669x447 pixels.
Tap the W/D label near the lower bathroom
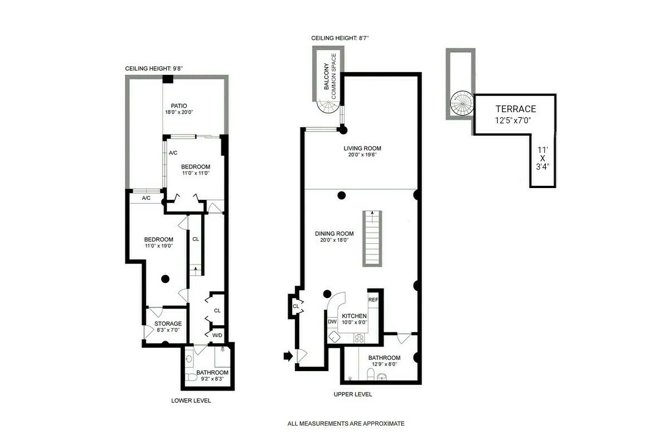click(217, 335)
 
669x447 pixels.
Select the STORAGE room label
click(168, 324)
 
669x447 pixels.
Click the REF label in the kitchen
click(373, 300)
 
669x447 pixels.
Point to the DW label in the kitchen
click(332, 321)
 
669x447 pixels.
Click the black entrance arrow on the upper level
click(288, 355)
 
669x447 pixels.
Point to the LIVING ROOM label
click(362, 148)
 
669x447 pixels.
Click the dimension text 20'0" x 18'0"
click(334, 241)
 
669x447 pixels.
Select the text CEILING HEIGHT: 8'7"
click(340, 38)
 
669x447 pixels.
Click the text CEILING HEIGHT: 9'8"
click(154, 68)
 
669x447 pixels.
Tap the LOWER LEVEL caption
click(191, 401)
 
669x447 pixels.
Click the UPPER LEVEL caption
click(352, 395)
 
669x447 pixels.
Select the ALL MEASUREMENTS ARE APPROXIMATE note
click(346, 424)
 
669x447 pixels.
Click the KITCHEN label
click(354, 316)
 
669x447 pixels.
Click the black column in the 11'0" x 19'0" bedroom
click(165, 279)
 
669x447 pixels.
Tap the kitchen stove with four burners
click(360, 337)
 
